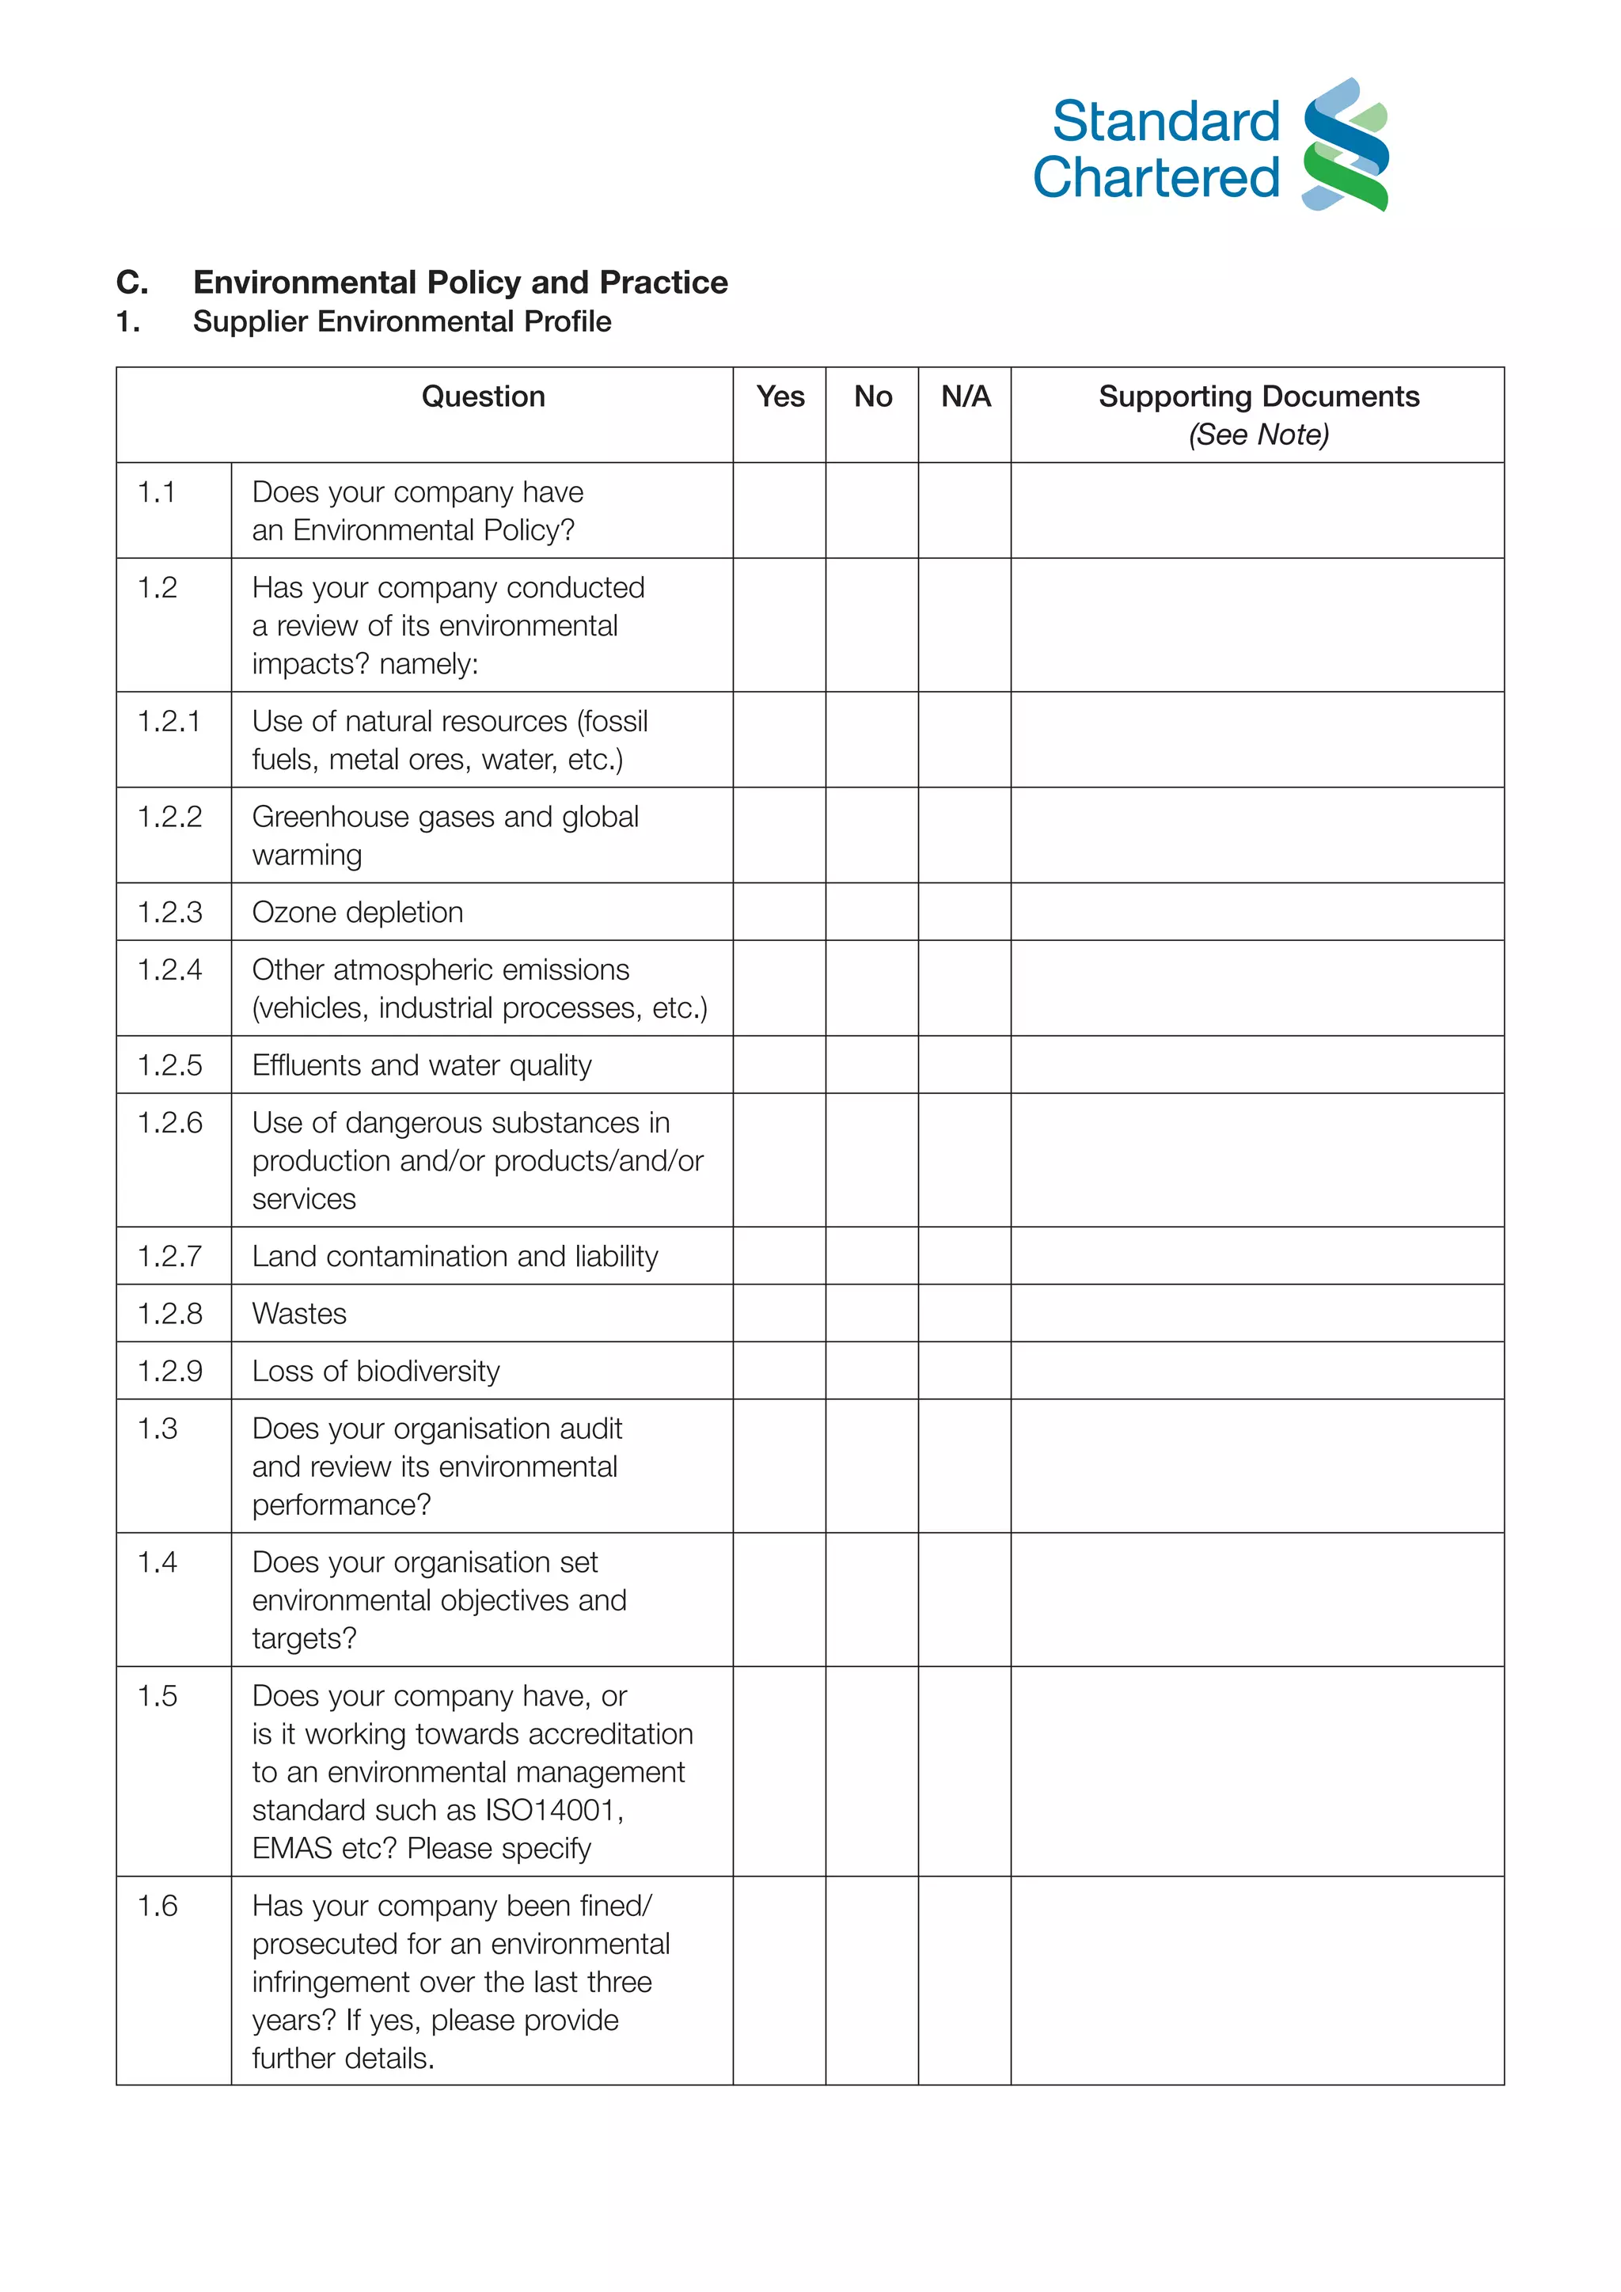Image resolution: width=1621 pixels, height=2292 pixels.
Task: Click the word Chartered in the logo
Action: [x=1156, y=178]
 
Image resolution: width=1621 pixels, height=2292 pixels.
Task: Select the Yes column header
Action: [x=780, y=397]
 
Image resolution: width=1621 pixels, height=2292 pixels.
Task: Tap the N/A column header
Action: [x=965, y=397]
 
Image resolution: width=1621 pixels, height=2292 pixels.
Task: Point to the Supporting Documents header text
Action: [x=1258, y=397]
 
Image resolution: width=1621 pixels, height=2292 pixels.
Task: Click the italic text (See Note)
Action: [x=1258, y=435]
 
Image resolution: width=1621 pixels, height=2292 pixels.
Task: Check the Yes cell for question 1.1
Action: [x=780, y=510]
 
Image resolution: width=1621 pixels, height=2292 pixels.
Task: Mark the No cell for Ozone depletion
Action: [x=871, y=912]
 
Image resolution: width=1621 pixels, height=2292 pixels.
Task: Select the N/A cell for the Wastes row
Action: [x=964, y=1313]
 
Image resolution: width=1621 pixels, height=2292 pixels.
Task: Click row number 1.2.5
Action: [x=169, y=1065]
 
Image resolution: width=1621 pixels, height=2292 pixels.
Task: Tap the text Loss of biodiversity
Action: [x=375, y=1371]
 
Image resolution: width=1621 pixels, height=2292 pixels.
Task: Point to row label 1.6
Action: [x=158, y=1906]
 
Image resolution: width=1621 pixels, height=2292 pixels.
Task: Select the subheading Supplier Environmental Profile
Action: [x=401, y=321]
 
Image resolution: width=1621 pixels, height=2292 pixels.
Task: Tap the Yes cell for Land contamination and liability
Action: [x=780, y=1256]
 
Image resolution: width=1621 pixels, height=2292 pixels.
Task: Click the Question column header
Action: [x=483, y=397]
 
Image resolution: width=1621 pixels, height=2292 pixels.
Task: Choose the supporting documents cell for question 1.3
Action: [x=1257, y=1466]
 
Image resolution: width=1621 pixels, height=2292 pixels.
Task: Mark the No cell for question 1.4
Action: [x=871, y=1599]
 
